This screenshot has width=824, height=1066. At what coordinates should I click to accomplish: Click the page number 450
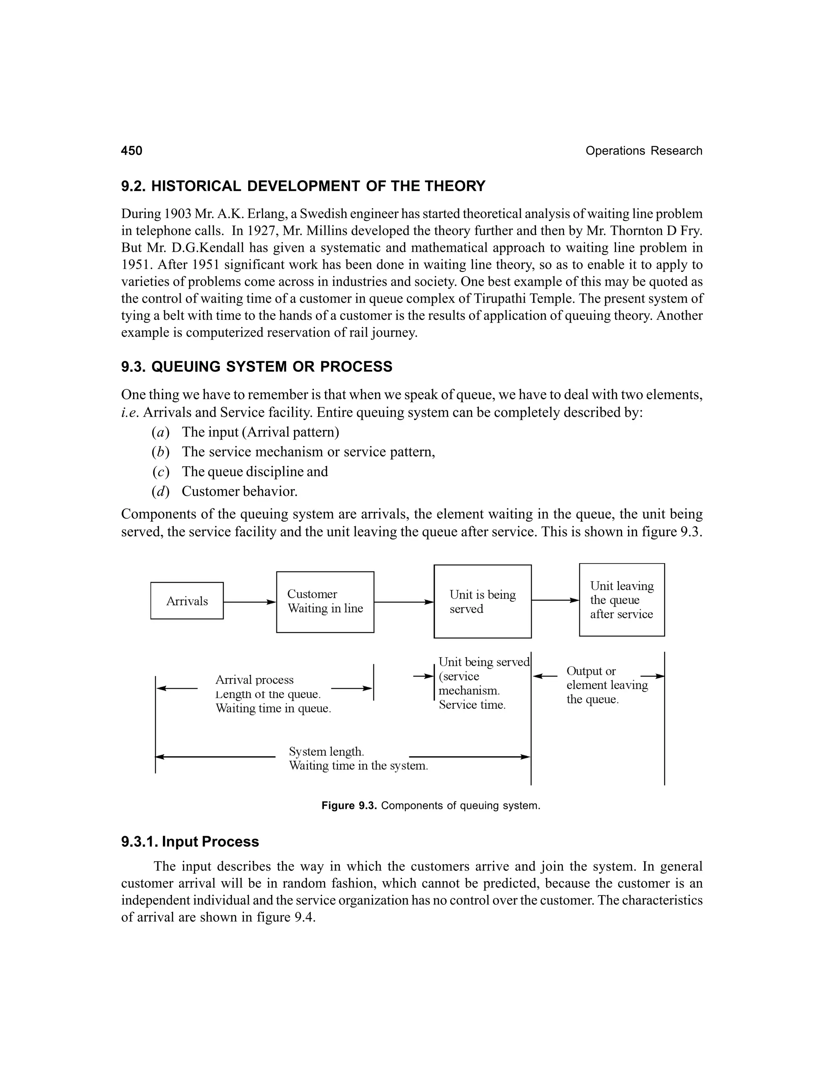tap(132, 151)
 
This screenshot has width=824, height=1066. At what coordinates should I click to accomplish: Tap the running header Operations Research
tap(643, 151)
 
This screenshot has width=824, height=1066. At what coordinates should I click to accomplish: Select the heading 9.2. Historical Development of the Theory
tap(303, 186)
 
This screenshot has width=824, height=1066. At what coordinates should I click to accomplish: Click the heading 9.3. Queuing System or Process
tap(257, 366)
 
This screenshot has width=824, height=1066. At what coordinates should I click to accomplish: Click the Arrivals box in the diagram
tap(187, 601)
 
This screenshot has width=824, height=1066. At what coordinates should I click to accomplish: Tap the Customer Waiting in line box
tap(325, 601)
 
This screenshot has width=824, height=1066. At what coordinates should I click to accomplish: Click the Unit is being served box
tap(482, 601)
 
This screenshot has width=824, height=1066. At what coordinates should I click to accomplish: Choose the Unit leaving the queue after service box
tap(621, 600)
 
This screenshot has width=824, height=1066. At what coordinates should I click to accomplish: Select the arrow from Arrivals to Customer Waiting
tap(249, 602)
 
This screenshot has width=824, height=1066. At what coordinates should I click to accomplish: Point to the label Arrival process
tap(254, 680)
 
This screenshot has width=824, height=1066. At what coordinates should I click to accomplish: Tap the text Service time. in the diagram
tap(472, 705)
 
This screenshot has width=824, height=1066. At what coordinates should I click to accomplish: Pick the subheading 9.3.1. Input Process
tap(190, 842)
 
